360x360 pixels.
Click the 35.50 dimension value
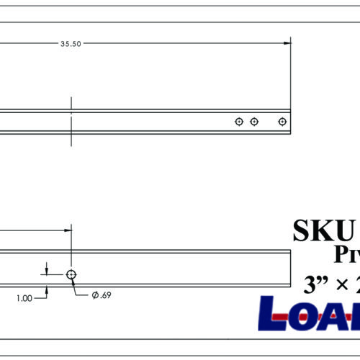(71, 43)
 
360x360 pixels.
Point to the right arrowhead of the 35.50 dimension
(287, 43)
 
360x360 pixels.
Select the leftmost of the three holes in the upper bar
(239, 122)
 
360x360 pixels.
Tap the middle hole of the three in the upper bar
(254, 122)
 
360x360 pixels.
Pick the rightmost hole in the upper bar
(282, 122)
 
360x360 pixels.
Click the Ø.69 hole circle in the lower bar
(71, 274)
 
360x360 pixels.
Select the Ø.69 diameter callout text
(100, 295)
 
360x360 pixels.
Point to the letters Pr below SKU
(346, 253)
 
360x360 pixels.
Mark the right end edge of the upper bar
(291, 122)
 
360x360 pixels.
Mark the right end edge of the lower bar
(291, 274)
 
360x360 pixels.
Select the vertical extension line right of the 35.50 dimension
(291, 72)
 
